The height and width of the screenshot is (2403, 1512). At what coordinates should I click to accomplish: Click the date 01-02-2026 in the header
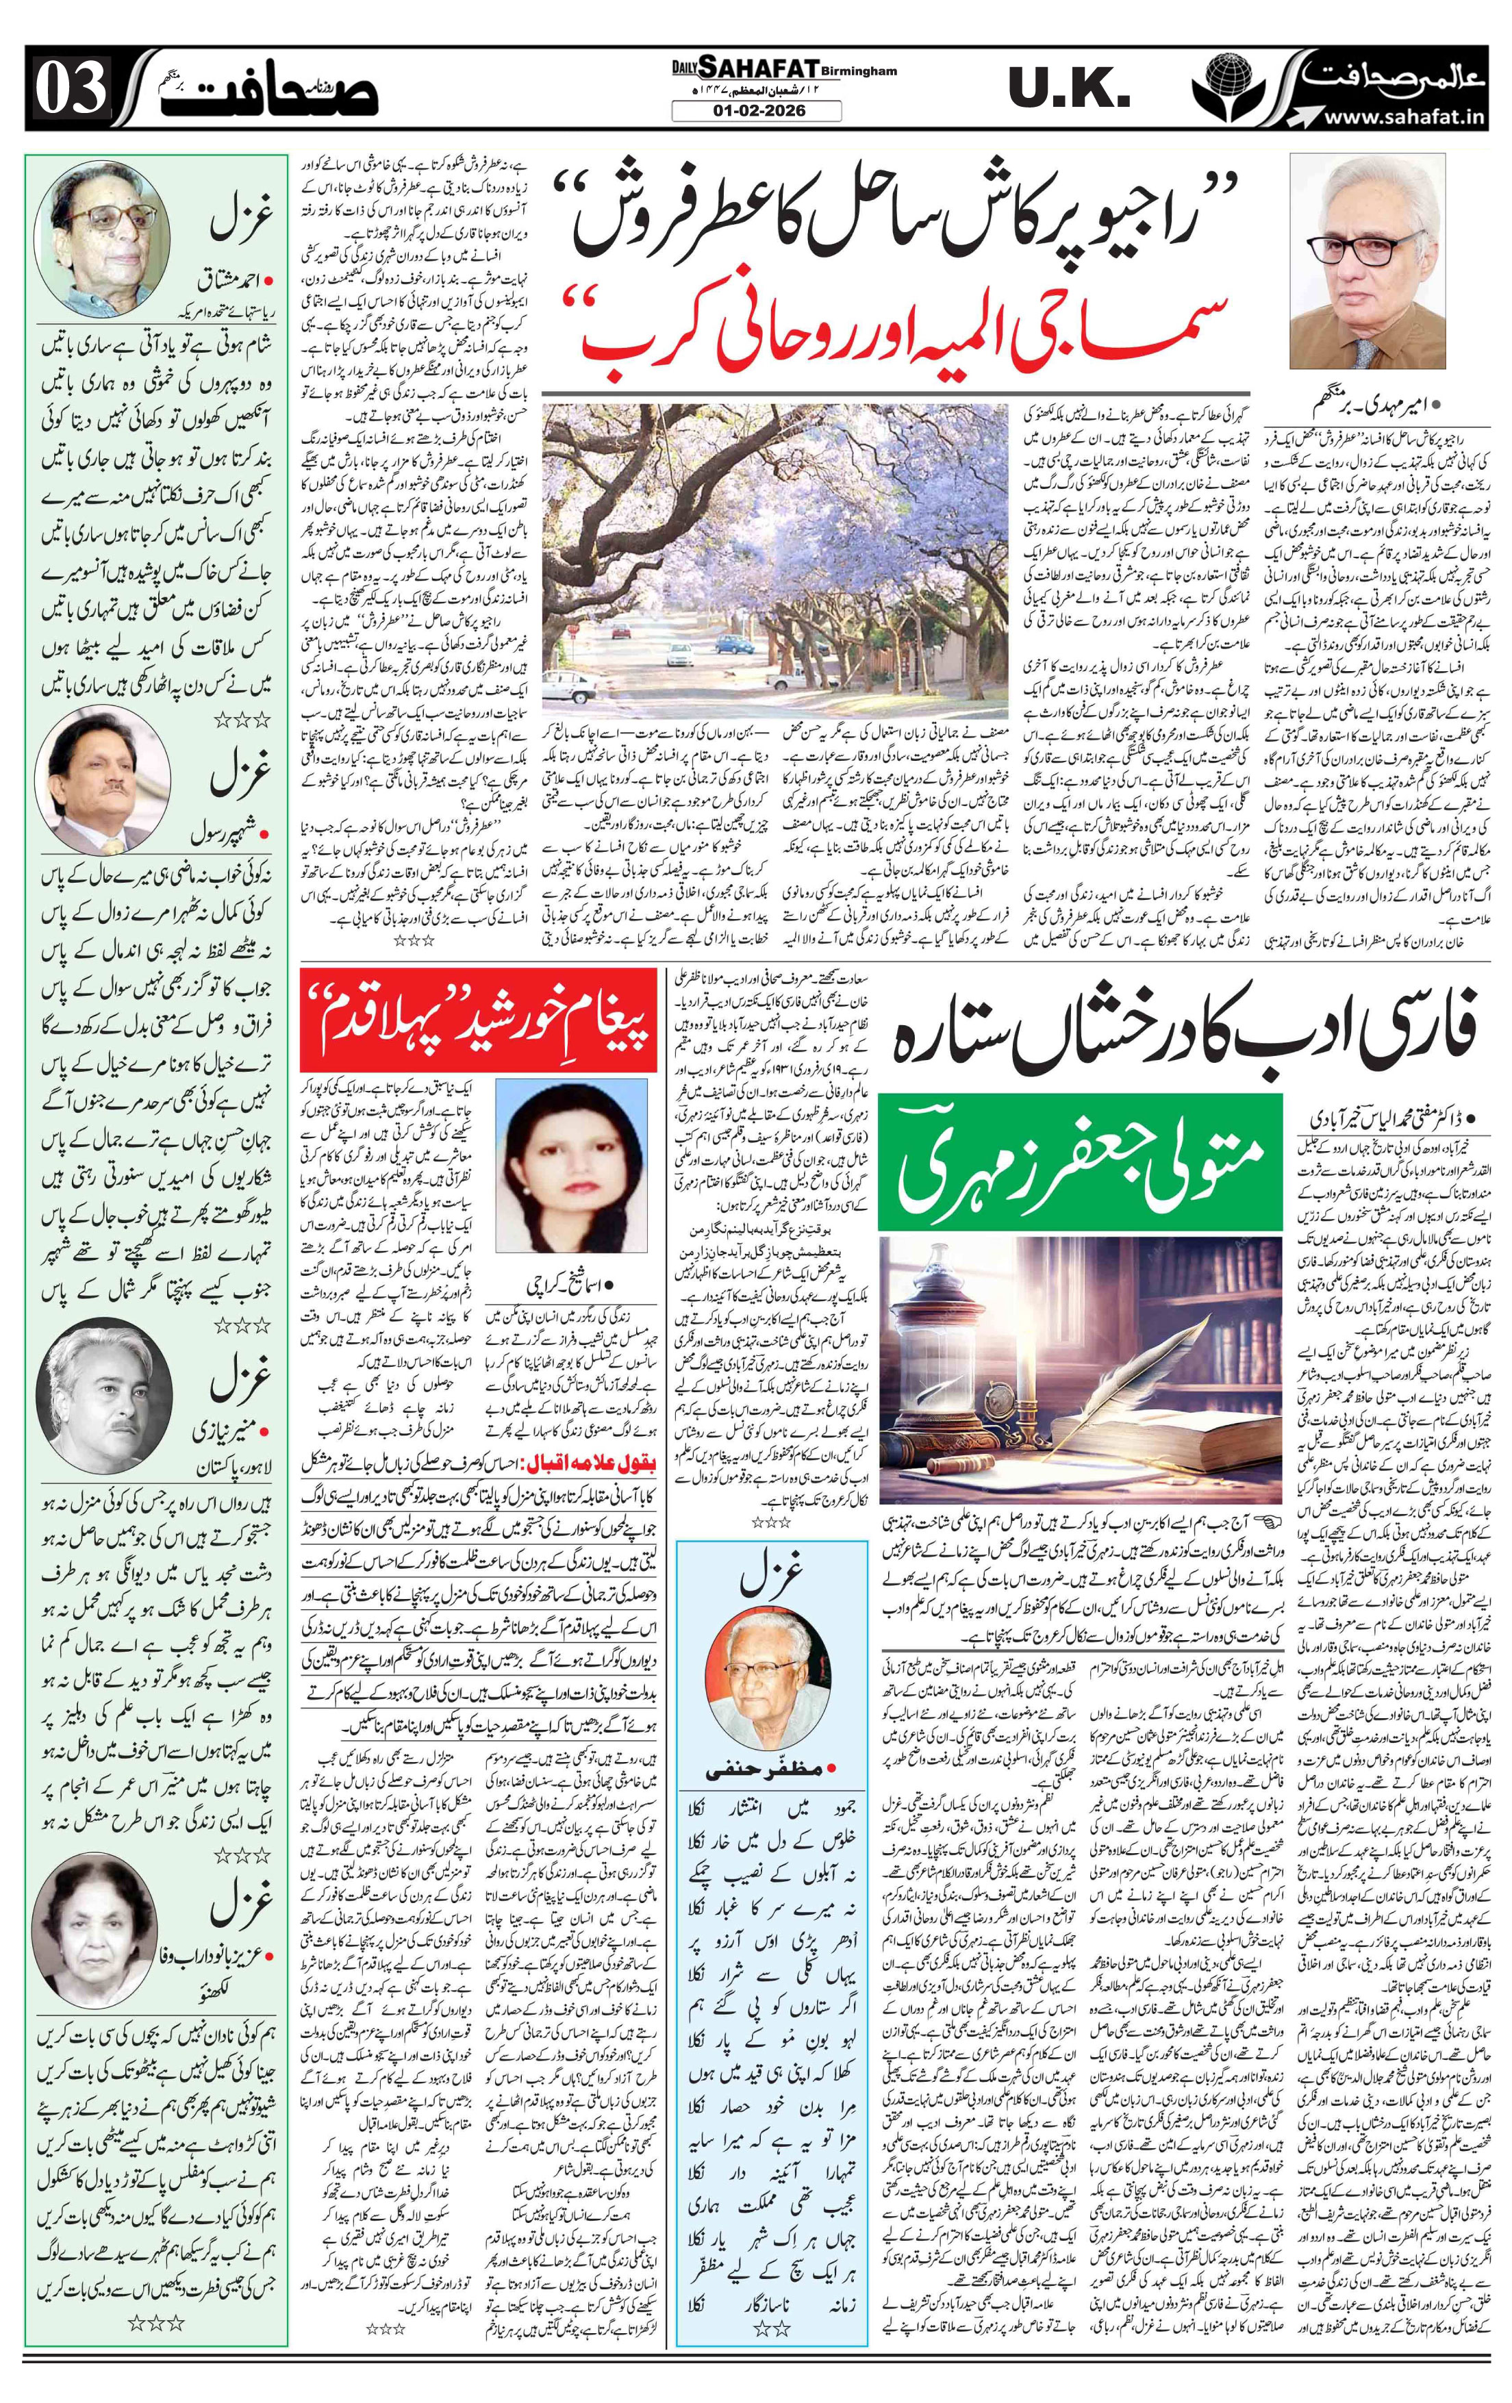pos(755,111)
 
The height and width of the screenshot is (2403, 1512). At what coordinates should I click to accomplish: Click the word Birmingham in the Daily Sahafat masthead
pos(859,71)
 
